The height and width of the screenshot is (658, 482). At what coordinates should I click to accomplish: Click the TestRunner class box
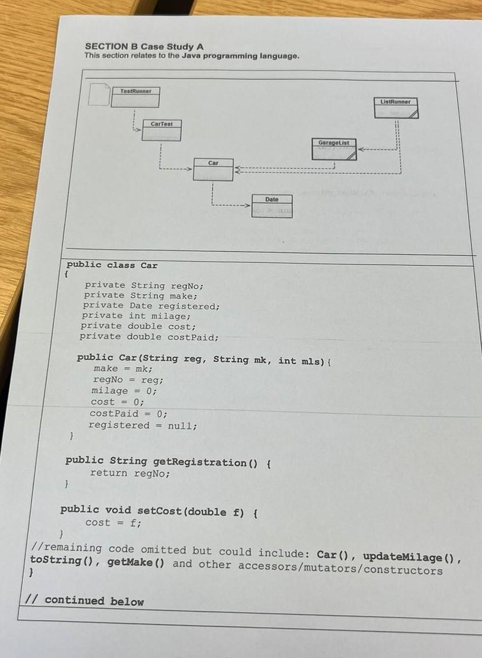tap(135, 97)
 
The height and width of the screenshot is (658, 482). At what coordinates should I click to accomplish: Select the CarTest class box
tap(161, 130)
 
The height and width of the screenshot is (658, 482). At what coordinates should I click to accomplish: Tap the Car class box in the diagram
tap(213, 170)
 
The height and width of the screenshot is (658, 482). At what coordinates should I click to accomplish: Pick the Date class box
tap(272, 206)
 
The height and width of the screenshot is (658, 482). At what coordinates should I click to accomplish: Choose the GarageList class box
tap(334, 149)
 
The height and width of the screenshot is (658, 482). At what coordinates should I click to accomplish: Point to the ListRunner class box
tap(396, 108)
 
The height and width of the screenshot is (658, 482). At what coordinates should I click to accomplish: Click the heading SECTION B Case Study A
tap(144, 46)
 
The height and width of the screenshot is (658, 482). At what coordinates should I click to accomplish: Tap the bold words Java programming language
tap(241, 56)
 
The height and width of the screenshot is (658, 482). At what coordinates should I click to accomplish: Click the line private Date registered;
tap(151, 306)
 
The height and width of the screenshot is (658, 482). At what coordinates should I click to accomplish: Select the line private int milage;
tap(136, 316)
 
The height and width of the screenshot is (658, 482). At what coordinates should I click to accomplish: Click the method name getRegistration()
tap(205, 463)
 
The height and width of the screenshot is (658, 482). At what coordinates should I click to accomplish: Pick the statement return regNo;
tap(130, 474)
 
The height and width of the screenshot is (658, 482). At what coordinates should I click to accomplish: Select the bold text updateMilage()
tap(412, 557)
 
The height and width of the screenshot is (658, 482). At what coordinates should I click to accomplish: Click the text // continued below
tap(84, 601)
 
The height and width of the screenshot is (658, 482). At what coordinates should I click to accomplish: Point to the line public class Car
tap(112, 265)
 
